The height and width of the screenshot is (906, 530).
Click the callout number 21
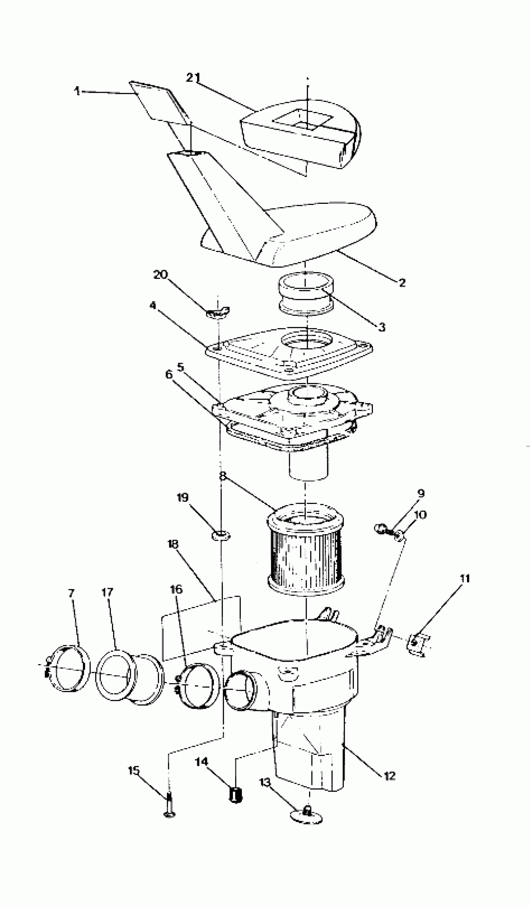click(193, 78)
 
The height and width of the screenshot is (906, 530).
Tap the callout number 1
click(77, 91)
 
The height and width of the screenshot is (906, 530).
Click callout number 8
click(223, 476)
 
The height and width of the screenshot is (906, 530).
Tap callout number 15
click(133, 771)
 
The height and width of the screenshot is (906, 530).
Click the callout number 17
click(107, 592)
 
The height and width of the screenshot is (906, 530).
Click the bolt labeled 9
click(381, 529)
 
